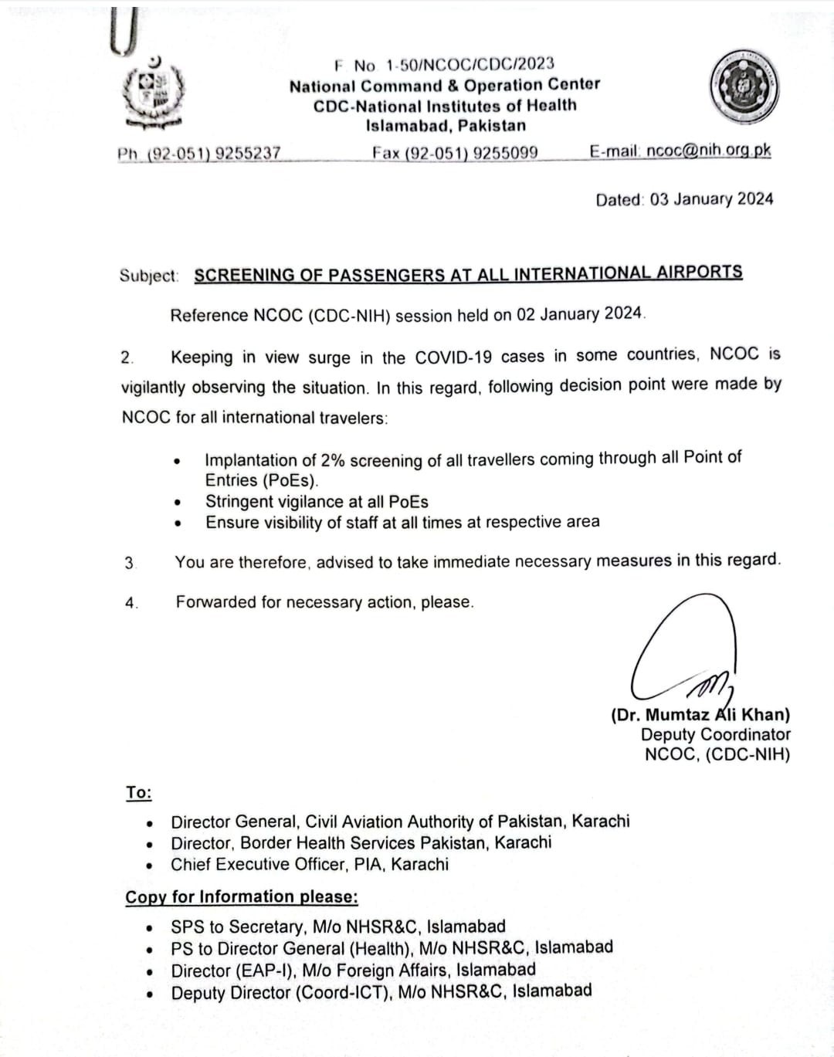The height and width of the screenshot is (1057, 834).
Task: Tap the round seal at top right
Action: (744, 86)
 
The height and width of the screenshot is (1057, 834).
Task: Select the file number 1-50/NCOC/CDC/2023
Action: (470, 65)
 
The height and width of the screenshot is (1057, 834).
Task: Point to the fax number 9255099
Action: (505, 152)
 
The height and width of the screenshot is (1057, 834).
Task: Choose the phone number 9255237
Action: (247, 153)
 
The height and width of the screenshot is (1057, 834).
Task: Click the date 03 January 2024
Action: (711, 199)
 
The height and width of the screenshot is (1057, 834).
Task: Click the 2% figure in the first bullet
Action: (333, 460)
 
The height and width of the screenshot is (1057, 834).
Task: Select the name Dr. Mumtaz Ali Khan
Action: (700, 715)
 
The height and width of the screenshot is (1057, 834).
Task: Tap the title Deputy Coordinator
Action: (716, 735)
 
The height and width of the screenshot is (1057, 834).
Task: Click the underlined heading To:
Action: (139, 793)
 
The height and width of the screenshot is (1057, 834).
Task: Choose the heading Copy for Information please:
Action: (242, 897)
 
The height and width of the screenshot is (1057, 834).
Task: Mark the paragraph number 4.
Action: (131, 603)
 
